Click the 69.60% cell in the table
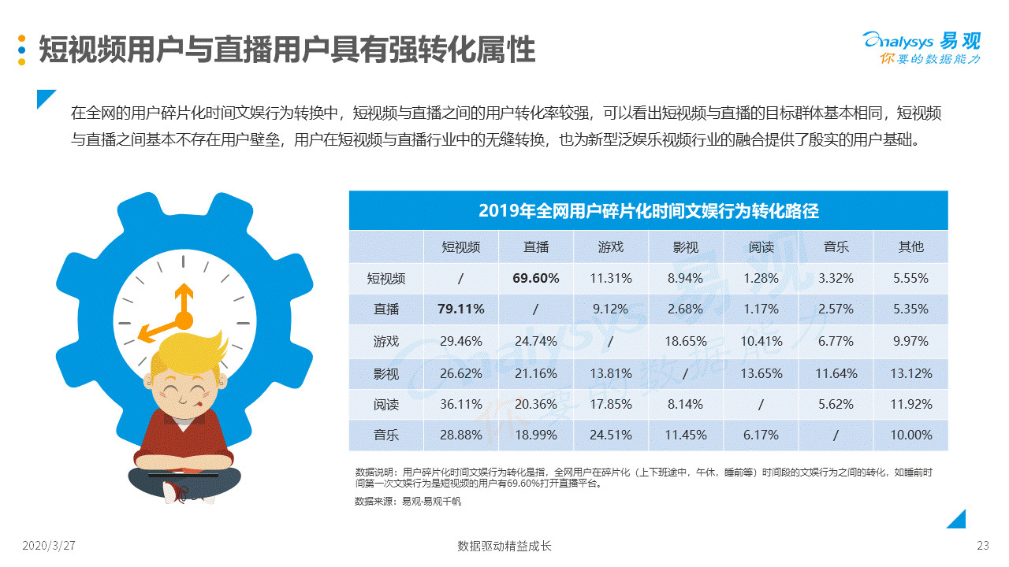(x=535, y=278)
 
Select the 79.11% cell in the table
(x=460, y=309)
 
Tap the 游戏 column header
(x=610, y=246)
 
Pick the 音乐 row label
(x=386, y=435)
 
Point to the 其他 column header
(x=910, y=246)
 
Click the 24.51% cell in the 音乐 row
(x=611, y=435)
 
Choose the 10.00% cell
(x=911, y=435)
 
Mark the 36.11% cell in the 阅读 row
(x=460, y=404)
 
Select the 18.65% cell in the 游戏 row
(x=685, y=341)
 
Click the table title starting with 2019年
(x=648, y=211)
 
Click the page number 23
(x=982, y=546)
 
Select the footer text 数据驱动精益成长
(x=504, y=546)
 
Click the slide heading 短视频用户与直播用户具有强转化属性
(x=287, y=50)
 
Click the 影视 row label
(x=386, y=373)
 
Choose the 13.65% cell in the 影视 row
(x=761, y=373)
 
